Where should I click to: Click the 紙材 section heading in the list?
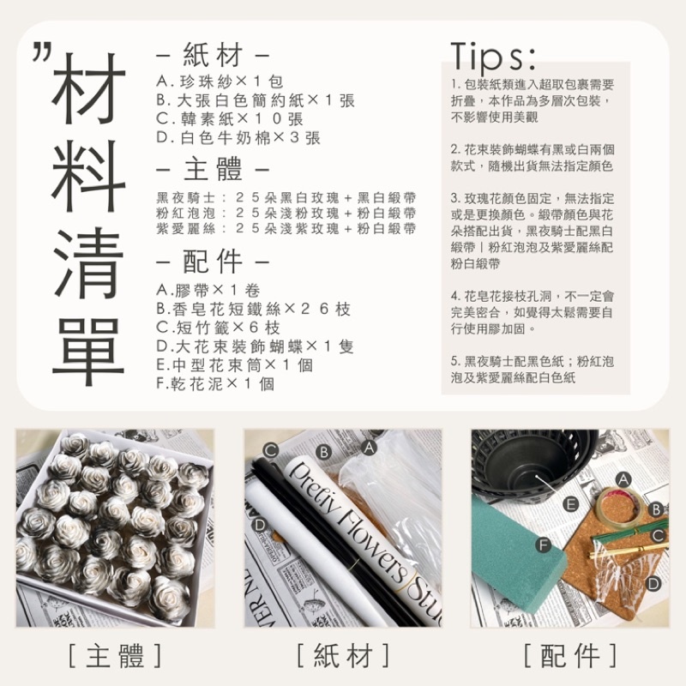(213, 57)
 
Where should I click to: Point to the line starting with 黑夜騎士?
(286, 196)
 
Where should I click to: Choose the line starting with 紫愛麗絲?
(286, 228)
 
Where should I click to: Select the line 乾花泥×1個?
(214, 384)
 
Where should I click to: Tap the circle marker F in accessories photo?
(542, 545)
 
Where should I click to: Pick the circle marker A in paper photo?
(370, 447)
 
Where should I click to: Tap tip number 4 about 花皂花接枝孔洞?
(532, 311)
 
